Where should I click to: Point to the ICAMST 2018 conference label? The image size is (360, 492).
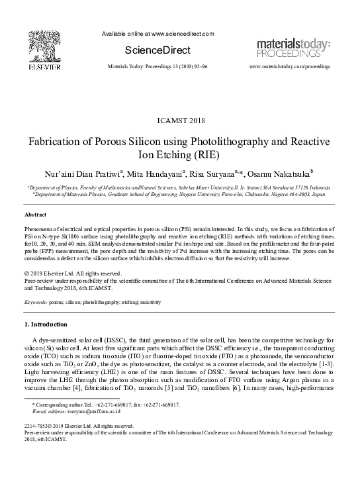point(180,121)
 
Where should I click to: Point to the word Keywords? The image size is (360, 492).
point(37,301)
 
